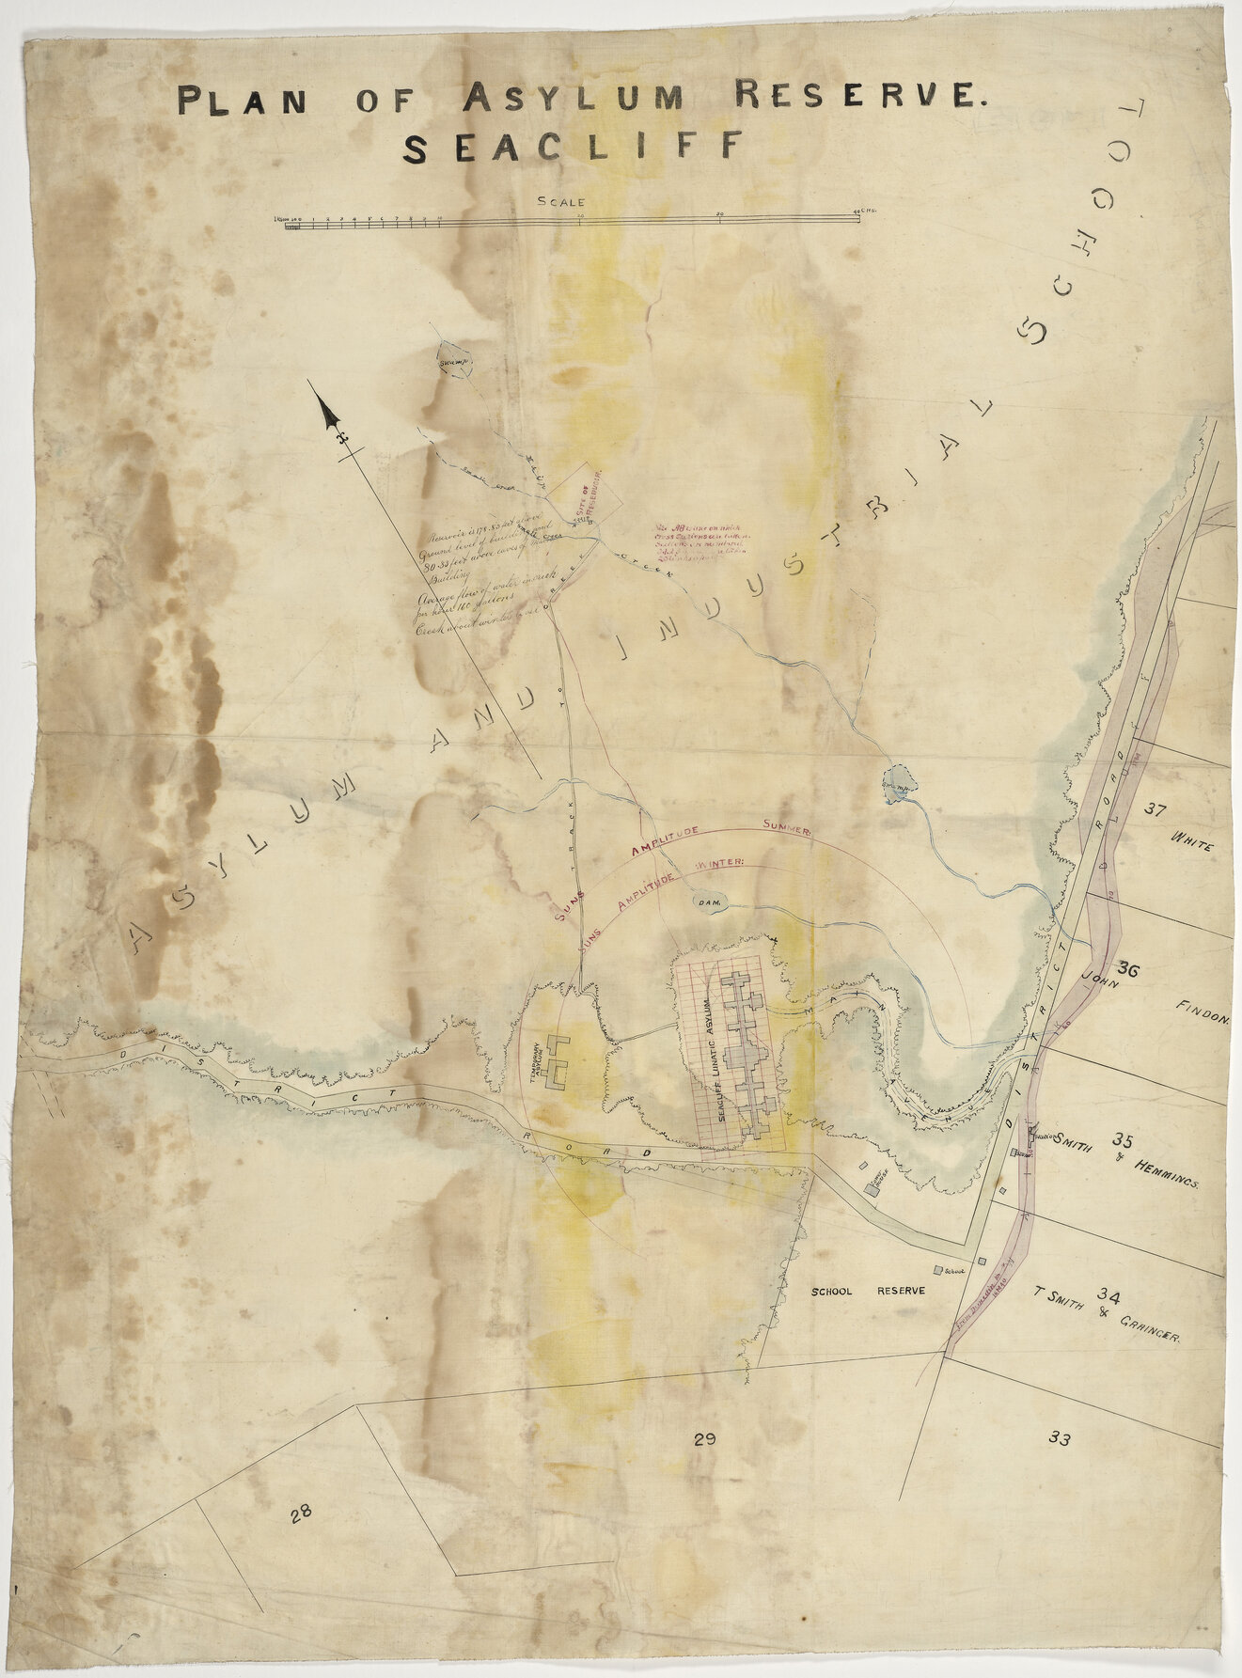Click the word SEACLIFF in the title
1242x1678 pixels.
pos(574,148)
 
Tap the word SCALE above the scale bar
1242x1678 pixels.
pos(560,201)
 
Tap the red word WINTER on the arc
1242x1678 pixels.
pos(719,861)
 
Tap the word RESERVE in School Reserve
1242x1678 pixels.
pos(902,1291)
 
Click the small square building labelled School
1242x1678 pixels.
pos(937,1271)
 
